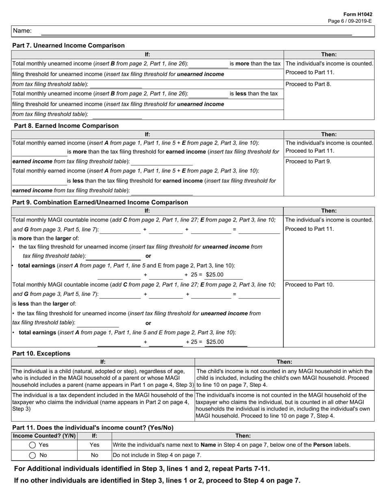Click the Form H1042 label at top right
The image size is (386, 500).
click(x=360, y=14)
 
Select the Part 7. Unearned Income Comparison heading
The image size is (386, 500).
click(x=69, y=46)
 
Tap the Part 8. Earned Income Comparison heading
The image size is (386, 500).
click(x=66, y=126)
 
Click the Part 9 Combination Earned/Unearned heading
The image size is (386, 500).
click(x=100, y=202)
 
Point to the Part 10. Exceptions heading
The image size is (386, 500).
click(x=41, y=353)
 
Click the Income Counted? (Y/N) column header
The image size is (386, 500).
click(x=44, y=435)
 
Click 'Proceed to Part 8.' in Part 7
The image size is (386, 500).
click(x=308, y=85)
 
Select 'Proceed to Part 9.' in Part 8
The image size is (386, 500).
click(x=308, y=161)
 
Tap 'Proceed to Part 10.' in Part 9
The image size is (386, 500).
click(x=310, y=285)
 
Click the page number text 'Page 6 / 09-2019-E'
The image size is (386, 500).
click(x=350, y=21)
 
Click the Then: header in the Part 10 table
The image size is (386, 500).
click(x=284, y=362)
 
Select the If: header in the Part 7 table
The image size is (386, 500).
click(x=147, y=54)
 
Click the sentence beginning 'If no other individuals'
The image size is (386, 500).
click(x=157, y=480)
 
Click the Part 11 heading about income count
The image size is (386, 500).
click(x=93, y=427)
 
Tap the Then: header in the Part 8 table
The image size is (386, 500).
click(x=329, y=134)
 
